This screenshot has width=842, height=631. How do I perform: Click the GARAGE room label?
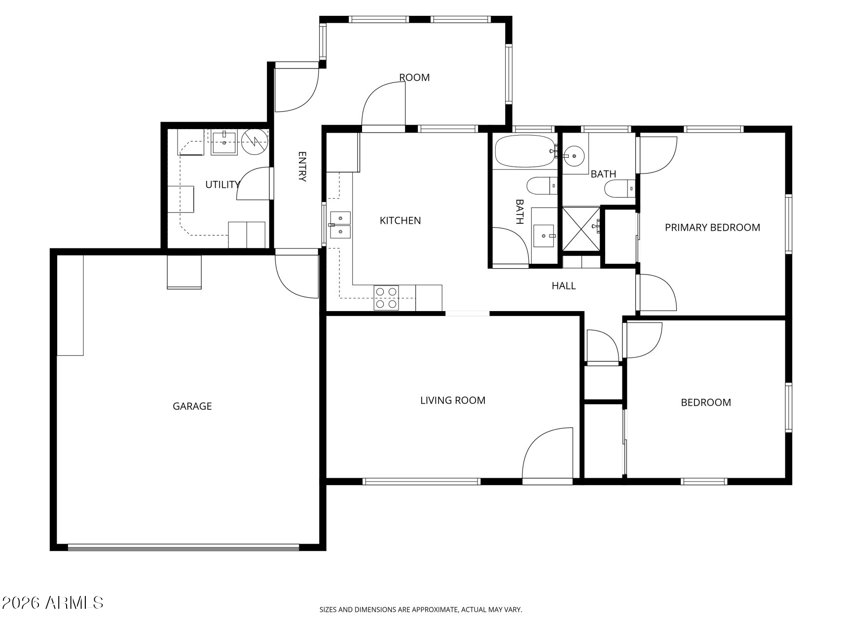point(192,406)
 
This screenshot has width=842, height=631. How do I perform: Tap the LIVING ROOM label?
point(453,400)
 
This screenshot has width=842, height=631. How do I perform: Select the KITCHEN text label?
point(400,220)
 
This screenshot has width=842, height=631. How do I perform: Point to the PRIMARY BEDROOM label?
point(712,227)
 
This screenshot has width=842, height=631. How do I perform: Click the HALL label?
point(563,285)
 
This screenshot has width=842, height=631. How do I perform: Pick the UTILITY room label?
point(222,184)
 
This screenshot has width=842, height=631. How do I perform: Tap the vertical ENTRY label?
point(302,167)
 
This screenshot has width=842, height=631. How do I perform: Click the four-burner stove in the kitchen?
point(386,298)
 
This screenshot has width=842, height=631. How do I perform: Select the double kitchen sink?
point(340,225)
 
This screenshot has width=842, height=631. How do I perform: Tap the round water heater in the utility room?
point(255,141)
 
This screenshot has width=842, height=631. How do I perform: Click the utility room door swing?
point(253,183)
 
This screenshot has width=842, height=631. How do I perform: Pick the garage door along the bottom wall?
point(183,547)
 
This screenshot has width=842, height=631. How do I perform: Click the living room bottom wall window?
point(421,481)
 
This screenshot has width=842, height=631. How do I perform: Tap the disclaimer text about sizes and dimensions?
point(421,610)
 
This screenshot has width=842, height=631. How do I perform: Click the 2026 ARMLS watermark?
point(53,602)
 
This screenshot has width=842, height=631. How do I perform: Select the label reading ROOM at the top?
point(414,77)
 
